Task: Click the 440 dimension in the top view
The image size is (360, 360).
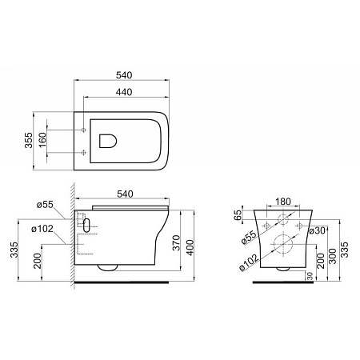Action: click(x=122, y=93)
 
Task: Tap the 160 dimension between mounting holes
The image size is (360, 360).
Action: click(x=53, y=140)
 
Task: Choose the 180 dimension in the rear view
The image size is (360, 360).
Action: click(x=284, y=202)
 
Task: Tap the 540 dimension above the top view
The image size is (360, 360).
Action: click(x=123, y=75)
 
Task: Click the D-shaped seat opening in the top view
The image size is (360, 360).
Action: click(x=107, y=140)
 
